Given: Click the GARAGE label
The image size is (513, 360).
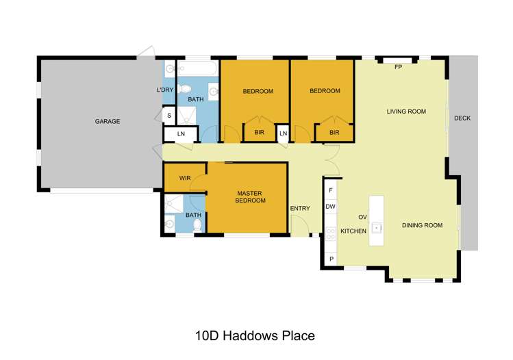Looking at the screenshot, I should [108, 121].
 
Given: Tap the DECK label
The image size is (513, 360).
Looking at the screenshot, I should [462, 118].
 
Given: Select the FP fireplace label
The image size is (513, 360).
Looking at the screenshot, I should [398, 67].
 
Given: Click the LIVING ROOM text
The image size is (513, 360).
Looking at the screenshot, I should [406, 112].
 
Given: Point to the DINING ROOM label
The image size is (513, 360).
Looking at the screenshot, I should [421, 225].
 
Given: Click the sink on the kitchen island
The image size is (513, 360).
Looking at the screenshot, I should [376, 226].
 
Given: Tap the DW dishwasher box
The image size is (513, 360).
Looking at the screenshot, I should [331, 207].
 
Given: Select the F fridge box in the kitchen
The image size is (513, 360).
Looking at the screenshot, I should [331, 190].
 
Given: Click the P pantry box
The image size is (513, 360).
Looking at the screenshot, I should [331, 259].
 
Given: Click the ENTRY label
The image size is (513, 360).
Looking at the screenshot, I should [300, 209].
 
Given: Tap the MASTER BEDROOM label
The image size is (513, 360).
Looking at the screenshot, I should [250, 197].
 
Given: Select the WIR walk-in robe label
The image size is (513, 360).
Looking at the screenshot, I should [185, 178].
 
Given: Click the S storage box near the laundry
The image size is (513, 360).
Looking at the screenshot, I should [169, 116].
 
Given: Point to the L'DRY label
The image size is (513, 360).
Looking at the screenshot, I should [165, 90].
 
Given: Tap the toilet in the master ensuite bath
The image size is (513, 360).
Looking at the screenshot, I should [197, 223].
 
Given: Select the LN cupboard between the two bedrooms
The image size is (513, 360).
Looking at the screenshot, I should [282, 133].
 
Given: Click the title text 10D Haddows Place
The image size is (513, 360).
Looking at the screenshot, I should [255, 335].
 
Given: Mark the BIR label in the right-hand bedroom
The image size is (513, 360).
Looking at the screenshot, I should [334, 133].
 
